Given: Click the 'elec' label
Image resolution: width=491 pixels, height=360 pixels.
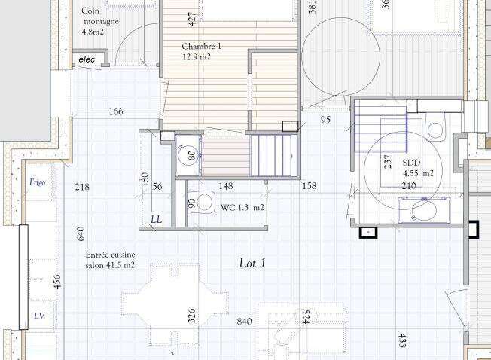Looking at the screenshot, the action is click(x=87, y=59).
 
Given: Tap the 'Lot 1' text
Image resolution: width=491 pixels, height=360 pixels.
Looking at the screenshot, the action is click(x=252, y=264).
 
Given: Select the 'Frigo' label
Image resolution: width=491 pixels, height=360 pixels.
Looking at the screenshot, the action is click(x=37, y=182).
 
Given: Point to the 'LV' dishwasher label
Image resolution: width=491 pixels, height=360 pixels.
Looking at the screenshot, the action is click(x=39, y=316).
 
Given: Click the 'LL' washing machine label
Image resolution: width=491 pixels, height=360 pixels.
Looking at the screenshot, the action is click(x=157, y=219).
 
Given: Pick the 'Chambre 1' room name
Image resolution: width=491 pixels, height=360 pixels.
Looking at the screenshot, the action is click(x=201, y=47).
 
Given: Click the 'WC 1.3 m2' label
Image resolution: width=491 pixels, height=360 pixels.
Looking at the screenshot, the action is click(x=242, y=208).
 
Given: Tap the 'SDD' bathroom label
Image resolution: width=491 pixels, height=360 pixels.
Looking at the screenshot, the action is click(x=411, y=163).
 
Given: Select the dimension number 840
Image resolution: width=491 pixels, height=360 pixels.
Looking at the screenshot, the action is click(x=244, y=322).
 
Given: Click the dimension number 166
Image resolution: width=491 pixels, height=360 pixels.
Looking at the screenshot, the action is click(x=116, y=111).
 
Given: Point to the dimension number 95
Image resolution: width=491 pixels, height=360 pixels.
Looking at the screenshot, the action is click(x=325, y=120).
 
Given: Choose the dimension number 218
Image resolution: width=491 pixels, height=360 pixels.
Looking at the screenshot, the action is click(x=82, y=187).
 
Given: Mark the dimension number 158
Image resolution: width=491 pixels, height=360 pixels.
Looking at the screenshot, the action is click(x=310, y=186).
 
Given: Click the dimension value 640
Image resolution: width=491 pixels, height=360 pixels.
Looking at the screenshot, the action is click(x=80, y=233).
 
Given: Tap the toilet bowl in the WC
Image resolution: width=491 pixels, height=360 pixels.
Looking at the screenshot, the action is click(x=203, y=203).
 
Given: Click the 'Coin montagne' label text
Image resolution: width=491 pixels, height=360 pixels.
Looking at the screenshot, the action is click(x=100, y=16).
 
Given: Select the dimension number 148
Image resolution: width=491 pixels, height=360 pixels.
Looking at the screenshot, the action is click(x=226, y=186).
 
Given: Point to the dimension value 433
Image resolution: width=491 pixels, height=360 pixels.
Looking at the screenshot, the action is click(x=402, y=340).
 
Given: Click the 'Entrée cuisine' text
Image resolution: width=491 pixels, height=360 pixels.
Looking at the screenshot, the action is click(x=110, y=255).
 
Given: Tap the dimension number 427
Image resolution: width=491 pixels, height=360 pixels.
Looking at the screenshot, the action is click(x=193, y=19).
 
